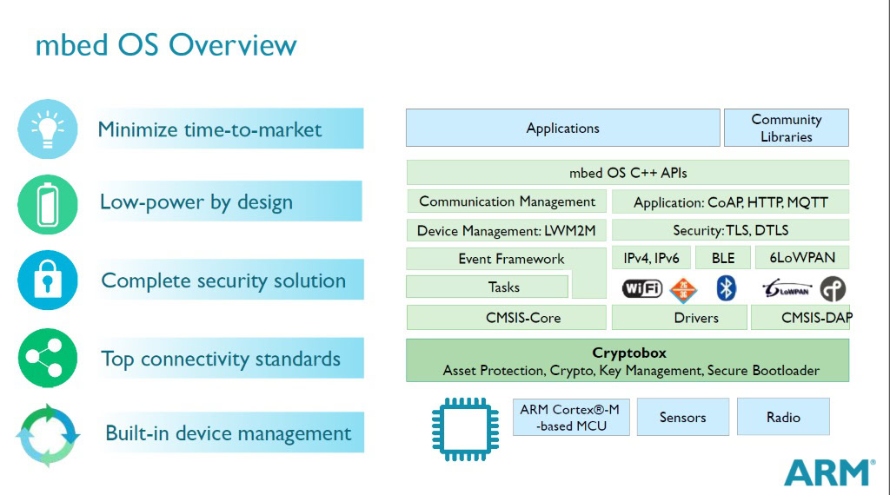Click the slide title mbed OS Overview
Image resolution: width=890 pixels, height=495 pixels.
click(x=165, y=45)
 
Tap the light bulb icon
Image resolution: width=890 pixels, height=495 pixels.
click(x=48, y=129)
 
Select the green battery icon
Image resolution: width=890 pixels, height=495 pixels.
click(x=48, y=203)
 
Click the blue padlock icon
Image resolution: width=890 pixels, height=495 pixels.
click(x=48, y=280)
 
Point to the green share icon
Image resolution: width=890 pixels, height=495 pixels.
click(x=48, y=358)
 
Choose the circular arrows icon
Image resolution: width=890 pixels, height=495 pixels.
click(x=48, y=432)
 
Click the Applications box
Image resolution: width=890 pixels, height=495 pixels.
click(x=562, y=128)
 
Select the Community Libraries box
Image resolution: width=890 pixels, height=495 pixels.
click(x=786, y=128)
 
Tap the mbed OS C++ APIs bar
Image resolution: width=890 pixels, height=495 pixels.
click(x=628, y=173)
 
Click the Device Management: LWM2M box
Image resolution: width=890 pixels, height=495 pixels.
click(x=507, y=231)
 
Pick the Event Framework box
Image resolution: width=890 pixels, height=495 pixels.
click(x=510, y=259)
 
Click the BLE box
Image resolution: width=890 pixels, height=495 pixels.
click(x=722, y=258)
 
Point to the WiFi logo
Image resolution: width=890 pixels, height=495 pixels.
click(x=641, y=288)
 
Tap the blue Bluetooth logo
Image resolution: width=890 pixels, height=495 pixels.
click(x=726, y=288)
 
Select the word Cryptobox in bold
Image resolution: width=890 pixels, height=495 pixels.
click(x=629, y=353)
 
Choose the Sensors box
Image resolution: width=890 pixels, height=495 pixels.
click(x=682, y=417)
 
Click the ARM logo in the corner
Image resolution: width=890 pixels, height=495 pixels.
click(x=827, y=472)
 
